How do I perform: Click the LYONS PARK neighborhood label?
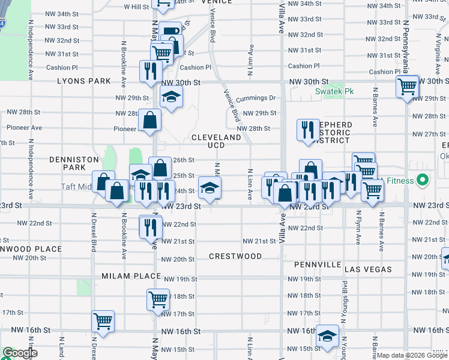click(84, 81)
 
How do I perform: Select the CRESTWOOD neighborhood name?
click(235, 256)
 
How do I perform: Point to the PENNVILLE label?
click(318, 265)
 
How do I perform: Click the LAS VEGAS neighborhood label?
click(368, 269)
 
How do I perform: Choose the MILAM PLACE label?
click(131, 276)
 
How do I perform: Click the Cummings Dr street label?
click(255, 98)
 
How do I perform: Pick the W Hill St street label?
click(136, 7)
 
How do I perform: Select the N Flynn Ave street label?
click(358, 227)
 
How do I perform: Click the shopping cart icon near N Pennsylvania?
click(407, 86)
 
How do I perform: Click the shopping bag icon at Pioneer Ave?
click(149, 119)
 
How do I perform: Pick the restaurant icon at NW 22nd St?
click(149, 227)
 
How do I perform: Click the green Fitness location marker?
click(422, 180)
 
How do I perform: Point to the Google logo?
click(19, 353)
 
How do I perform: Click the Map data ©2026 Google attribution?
click(411, 355)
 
